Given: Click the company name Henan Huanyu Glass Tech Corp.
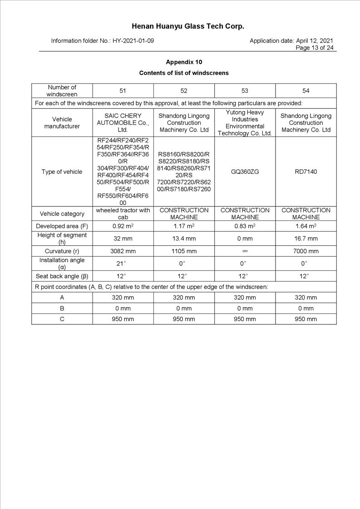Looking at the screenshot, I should coord(188,26).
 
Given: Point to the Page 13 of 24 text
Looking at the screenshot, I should coord(315,48).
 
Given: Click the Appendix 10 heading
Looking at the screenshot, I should coord(184,62).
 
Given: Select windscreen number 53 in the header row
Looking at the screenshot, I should coord(245,91).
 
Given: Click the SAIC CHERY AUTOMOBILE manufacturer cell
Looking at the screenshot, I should coord(123,122).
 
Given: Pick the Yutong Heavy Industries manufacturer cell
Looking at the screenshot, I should coord(245,122).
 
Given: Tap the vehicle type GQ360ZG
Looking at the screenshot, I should coord(245,171).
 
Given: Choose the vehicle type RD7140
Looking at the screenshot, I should coord(306,171).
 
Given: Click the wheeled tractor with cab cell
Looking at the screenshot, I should coord(123,214).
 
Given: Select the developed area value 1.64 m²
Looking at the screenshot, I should coord(306,226).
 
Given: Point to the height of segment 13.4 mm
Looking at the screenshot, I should coord(184,238).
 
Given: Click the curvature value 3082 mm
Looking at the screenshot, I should coord(123,251).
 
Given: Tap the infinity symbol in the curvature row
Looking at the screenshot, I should coord(245,251).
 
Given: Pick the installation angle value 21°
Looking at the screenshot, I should coord(123,264).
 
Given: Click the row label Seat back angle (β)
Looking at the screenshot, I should coord(62,276).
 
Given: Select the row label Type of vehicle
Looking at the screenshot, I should coord(62,171).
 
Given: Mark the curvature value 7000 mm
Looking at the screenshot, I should coord(306,251).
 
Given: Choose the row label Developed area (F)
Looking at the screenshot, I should coord(62,226).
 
